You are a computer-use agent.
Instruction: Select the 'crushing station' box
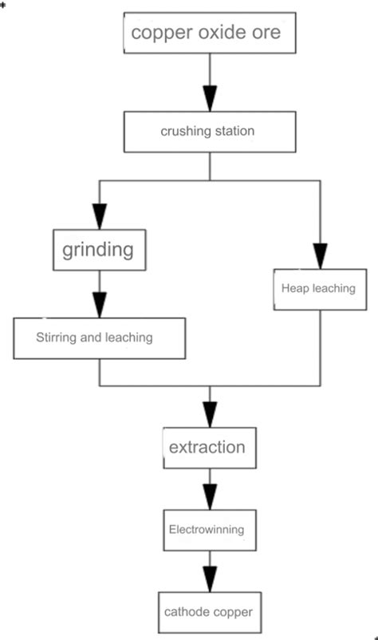210,132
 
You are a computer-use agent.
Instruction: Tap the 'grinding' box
98,250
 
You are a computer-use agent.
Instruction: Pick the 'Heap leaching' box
318,288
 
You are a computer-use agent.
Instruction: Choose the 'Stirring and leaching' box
99,338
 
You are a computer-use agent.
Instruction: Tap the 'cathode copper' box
210,612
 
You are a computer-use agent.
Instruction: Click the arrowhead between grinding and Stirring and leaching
99,305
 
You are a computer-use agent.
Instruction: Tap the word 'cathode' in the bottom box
188,612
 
